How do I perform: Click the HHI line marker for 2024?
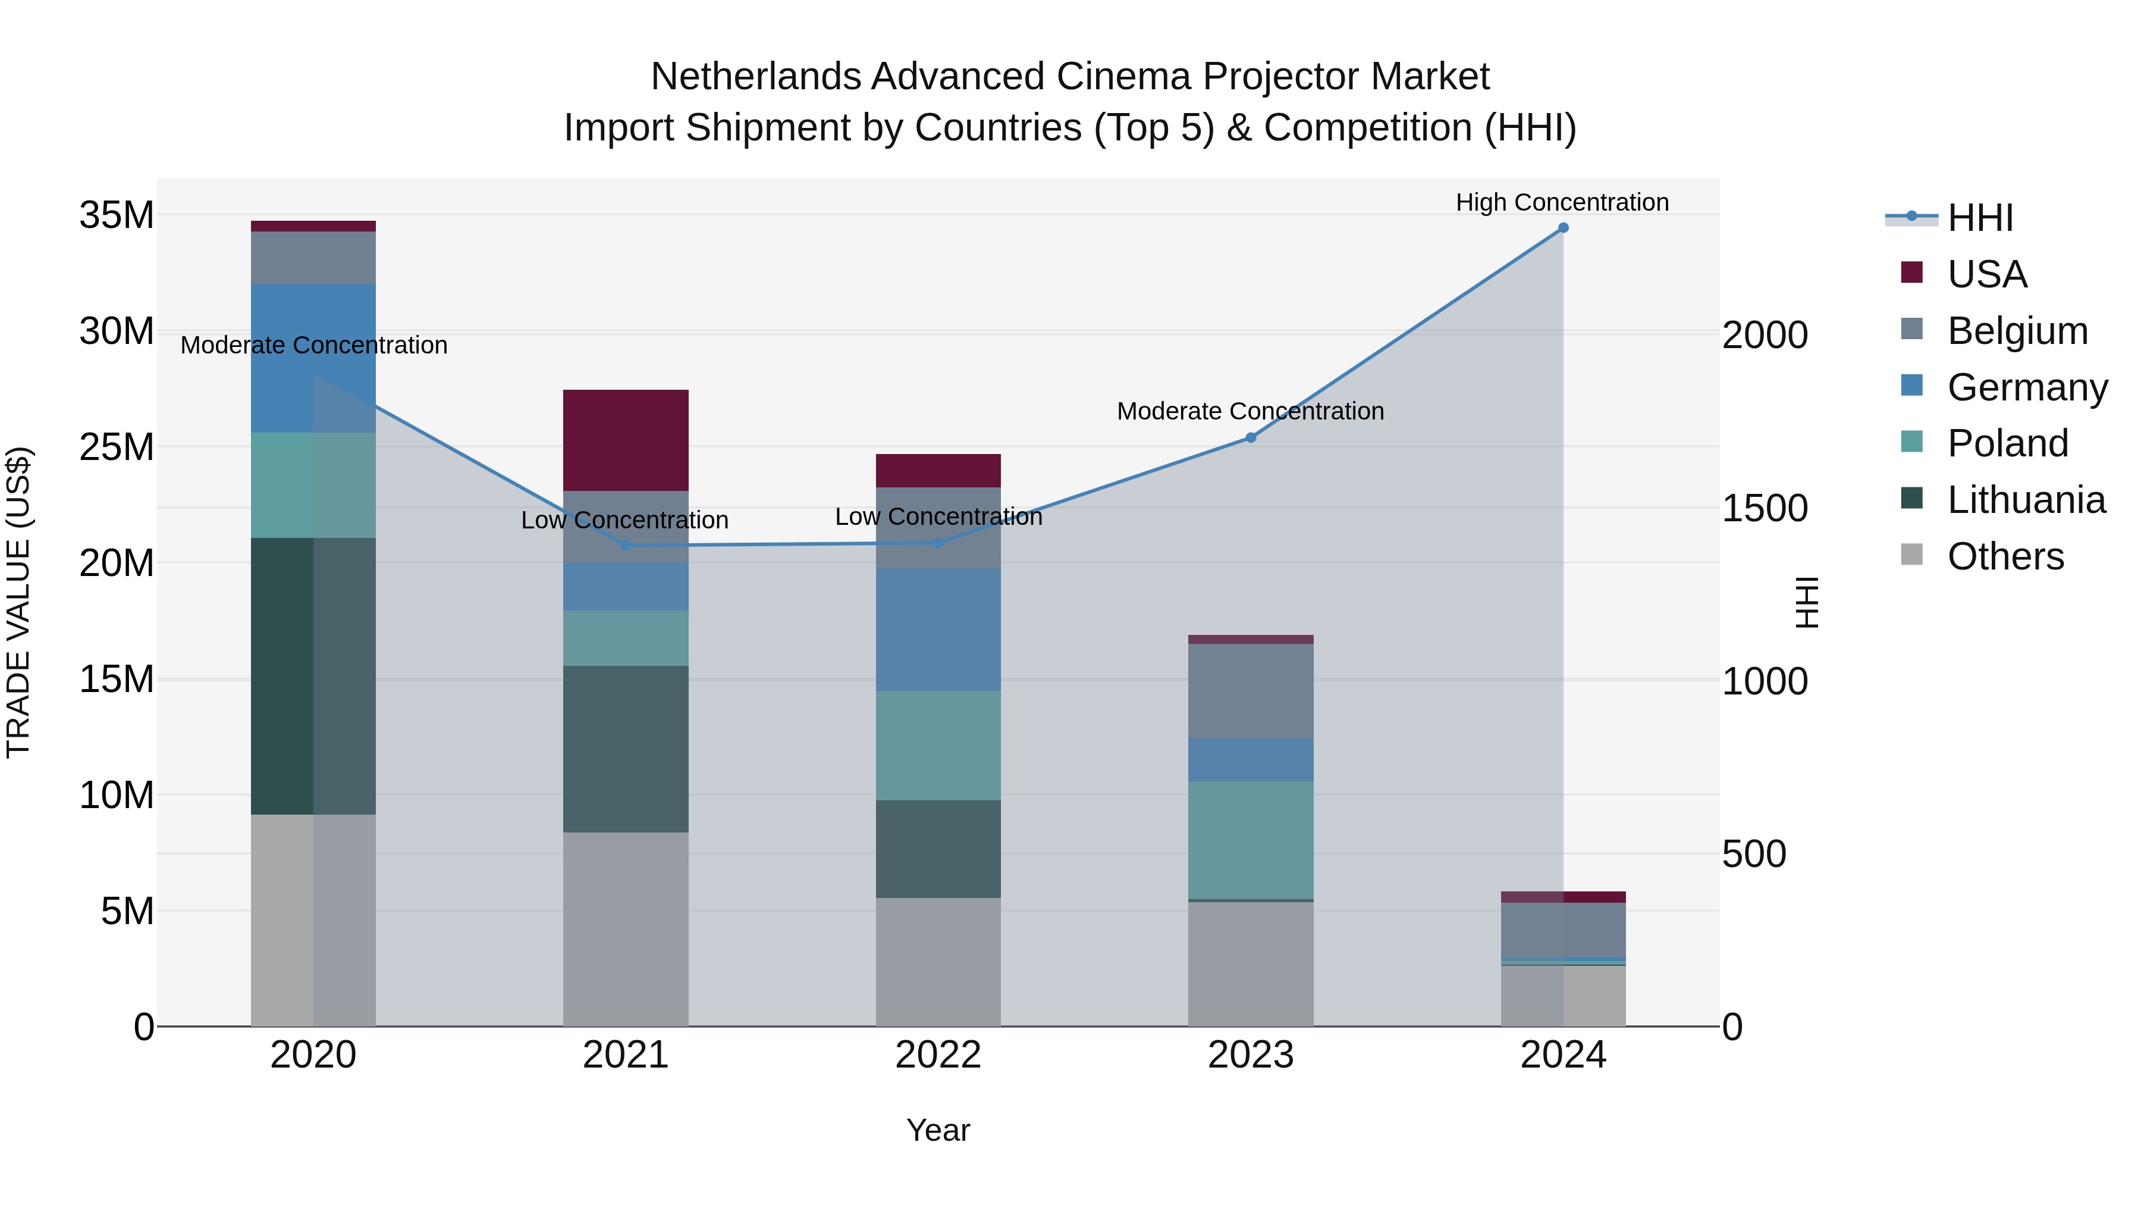click(x=1562, y=228)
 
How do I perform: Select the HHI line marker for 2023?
click(x=1250, y=437)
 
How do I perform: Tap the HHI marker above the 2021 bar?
click(x=626, y=546)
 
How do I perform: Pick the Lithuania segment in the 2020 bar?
click(x=313, y=675)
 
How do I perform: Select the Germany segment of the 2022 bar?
click(x=938, y=629)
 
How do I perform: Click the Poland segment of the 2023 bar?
click(x=1250, y=839)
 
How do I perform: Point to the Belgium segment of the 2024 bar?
click(x=1562, y=929)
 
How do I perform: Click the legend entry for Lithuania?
click(x=2026, y=500)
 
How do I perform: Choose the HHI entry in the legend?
click(x=1980, y=218)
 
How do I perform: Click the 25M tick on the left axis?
click(x=117, y=447)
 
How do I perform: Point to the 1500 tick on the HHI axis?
click(x=1765, y=508)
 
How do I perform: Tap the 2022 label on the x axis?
click(x=938, y=1055)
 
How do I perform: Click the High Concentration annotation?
click(x=1562, y=202)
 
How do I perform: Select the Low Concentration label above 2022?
click(x=938, y=517)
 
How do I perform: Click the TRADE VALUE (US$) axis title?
click(x=19, y=602)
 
